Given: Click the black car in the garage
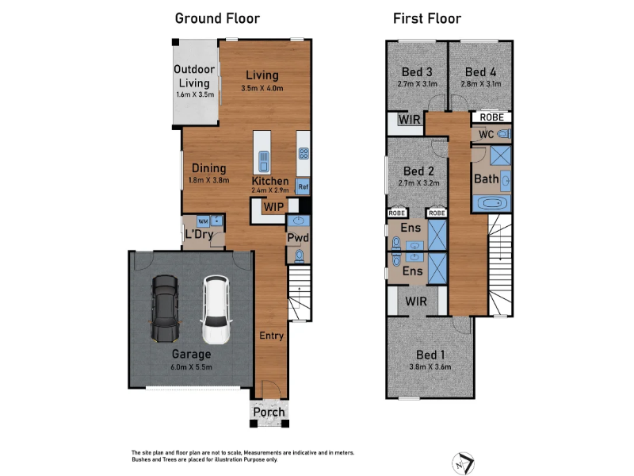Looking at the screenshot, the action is coord(165,309).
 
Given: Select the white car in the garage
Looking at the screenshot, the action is coord(216,309).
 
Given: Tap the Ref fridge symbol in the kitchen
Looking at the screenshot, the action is coord(303,187).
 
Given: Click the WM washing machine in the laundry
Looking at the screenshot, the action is coord(203,221).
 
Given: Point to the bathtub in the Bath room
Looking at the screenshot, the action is coord(491,203).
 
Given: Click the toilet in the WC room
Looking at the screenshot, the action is coord(504,134).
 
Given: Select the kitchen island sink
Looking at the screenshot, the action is coord(263,162).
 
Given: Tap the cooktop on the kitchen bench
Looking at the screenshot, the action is coord(304,153).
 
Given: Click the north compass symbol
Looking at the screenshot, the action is coord(463,463).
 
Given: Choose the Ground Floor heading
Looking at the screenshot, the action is coord(217,18).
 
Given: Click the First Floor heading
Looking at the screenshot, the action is coord(427,18).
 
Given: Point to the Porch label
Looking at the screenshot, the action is coord(269,412).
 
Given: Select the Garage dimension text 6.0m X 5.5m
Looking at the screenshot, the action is coord(191,367).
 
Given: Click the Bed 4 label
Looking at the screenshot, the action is coord(480,72).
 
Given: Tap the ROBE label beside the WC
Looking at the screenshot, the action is coord(491,117).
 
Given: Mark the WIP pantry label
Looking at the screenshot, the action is coord(273,207).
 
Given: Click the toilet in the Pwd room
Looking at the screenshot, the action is coord(299,256).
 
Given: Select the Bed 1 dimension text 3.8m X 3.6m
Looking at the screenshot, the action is coord(430,367).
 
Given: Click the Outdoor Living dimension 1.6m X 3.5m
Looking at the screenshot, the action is coord(195,94).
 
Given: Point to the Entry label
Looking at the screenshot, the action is coord(271,336).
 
